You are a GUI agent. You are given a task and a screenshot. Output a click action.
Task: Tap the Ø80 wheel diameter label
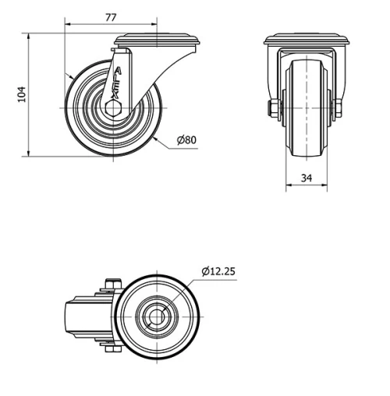click(186, 140)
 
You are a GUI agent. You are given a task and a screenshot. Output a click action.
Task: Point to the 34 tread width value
click(307, 179)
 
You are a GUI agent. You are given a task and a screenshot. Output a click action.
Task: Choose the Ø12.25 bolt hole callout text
click(218, 271)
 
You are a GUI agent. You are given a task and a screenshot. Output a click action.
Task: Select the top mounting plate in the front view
click(307, 41)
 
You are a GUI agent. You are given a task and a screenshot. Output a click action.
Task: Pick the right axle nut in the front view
click(339, 108)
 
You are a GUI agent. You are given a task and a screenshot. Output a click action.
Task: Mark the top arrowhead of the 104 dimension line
click(30, 36)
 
